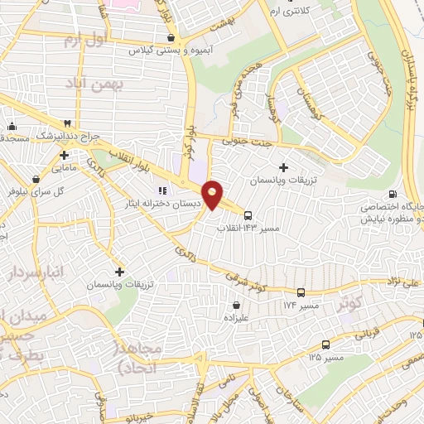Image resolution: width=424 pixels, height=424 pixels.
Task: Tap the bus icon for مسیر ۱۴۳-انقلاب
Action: coord(248,215)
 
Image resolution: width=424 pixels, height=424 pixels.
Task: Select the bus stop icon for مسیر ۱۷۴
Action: coord(301,292)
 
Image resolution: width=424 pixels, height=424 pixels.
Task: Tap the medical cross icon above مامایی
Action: coord(64,154)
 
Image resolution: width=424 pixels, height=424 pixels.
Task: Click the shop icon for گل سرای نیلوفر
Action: coord(35,178)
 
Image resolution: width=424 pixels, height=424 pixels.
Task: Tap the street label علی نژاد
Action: coord(402,283)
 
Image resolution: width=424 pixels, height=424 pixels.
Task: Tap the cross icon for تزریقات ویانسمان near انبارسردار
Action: coord(120,272)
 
